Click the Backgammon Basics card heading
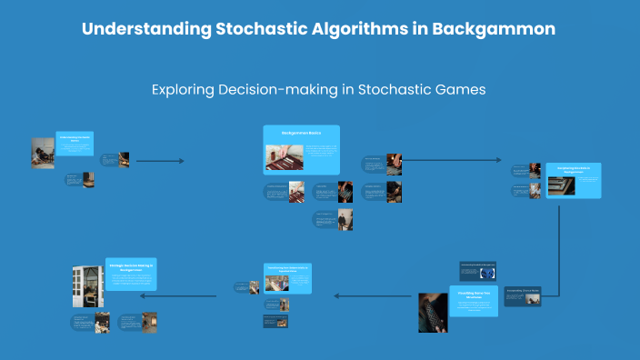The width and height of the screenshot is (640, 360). click(300, 134)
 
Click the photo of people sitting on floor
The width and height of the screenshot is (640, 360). click(43, 153)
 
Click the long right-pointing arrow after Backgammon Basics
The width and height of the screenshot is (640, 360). click(450, 161)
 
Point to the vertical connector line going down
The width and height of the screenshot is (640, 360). click(558, 245)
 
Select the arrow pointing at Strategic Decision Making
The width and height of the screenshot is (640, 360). click(177, 295)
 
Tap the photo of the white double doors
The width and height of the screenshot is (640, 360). click(87, 285)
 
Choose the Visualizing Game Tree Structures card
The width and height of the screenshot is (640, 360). click(474, 300)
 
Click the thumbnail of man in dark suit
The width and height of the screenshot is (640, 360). click(345, 220)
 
